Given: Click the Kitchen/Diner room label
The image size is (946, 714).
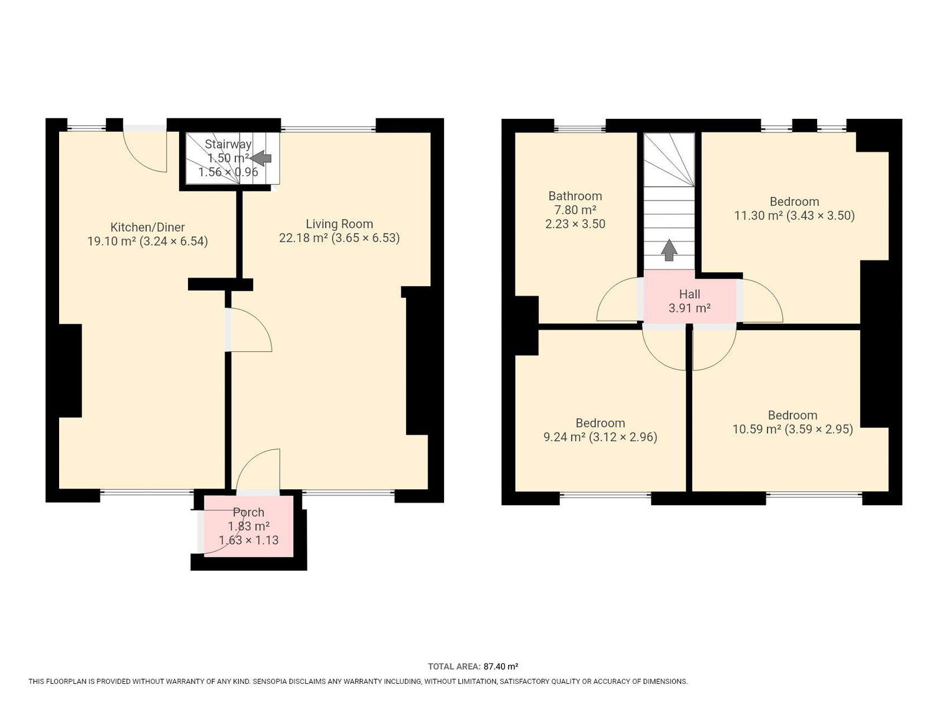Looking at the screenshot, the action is tap(147, 227).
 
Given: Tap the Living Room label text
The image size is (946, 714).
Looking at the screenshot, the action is tap(339, 224).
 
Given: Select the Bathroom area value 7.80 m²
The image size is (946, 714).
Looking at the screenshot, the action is tap(575, 210).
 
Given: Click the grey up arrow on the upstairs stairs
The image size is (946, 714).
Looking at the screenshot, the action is tap(669, 250).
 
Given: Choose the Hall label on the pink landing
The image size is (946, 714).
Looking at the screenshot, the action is tap(689, 294).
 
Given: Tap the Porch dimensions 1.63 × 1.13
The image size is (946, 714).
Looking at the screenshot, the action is tap(249, 540).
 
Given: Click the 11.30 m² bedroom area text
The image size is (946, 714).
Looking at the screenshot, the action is tap(759, 215).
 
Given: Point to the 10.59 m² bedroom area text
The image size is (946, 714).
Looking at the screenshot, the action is tap(757, 429).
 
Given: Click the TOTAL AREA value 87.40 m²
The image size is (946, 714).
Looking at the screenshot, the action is tap(500, 666).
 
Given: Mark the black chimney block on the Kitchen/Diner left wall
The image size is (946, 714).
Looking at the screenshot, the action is tap(70, 370).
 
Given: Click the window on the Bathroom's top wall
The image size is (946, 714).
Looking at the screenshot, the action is tap(579, 128).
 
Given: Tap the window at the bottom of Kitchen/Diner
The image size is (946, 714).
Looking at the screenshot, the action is tap(147, 492).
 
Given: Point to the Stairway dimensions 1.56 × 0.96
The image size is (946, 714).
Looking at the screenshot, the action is tap(228, 172).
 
